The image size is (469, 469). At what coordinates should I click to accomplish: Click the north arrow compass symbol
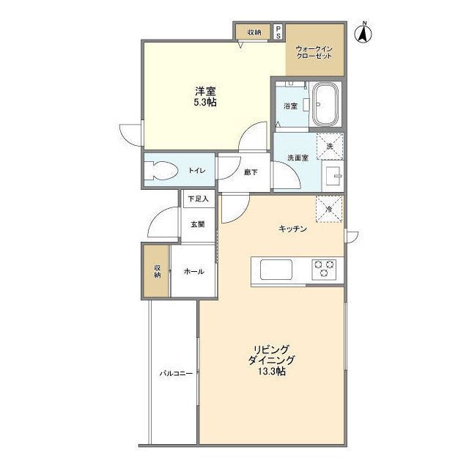pyautogui.click(x=363, y=32)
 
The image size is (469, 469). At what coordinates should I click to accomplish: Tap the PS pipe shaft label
pyautogui.click(x=278, y=32)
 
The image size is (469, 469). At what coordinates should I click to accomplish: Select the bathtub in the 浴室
pyautogui.click(x=325, y=104)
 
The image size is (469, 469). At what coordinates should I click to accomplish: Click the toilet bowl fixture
pyautogui.click(x=160, y=171)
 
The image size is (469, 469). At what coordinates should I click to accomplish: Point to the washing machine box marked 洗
pyautogui.click(x=330, y=147)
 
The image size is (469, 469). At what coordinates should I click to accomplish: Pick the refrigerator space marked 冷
pyautogui.click(x=329, y=209)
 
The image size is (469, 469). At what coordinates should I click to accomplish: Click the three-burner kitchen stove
pyautogui.click(x=324, y=270)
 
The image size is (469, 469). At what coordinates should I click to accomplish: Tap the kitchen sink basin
pyautogui.click(x=276, y=270)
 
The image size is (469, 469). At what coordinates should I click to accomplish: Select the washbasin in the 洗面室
pyautogui.click(x=333, y=176)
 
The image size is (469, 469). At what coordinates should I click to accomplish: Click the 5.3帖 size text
pyautogui.click(x=205, y=103)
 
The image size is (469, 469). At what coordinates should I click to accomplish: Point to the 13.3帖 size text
pyautogui.click(x=272, y=372)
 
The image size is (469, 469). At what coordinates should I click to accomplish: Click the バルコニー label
pyautogui.click(x=176, y=373)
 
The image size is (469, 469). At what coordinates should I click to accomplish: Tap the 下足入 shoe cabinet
pyautogui.click(x=199, y=199)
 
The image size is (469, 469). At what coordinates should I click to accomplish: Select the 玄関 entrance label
pyautogui.click(x=198, y=224)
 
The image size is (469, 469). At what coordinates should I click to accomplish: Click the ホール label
pyautogui.click(x=193, y=271)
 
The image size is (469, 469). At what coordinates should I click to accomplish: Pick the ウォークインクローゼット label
pyautogui.click(x=314, y=52)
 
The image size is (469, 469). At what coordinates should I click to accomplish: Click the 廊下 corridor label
pyautogui.click(x=251, y=172)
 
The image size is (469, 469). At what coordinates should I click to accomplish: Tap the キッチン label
pyautogui.click(x=293, y=229)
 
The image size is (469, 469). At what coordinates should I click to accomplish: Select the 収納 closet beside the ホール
pyautogui.click(x=157, y=271)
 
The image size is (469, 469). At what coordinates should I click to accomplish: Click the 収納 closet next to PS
pyautogui.click(x=254, y=32)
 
